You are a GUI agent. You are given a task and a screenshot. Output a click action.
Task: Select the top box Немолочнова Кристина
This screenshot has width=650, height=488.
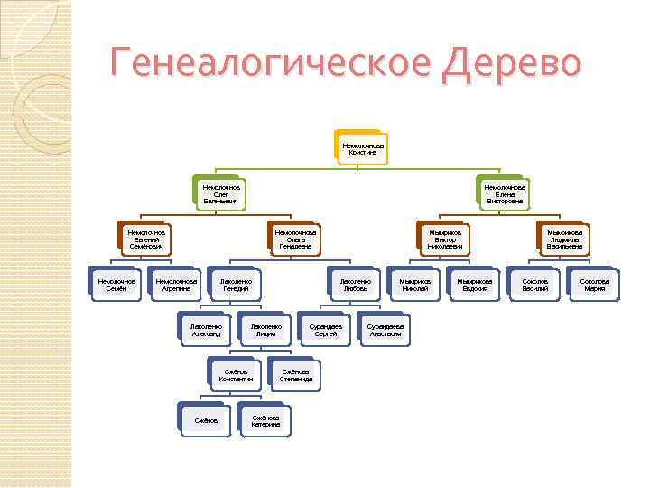coord(363,148)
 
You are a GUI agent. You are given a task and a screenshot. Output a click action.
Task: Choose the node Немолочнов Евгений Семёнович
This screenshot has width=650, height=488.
coord(145,239)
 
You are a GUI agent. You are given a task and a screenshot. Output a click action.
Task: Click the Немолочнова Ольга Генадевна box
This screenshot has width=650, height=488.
coord(293,239)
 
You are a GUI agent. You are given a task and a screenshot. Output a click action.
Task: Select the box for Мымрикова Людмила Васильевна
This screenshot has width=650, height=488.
coord(564,239)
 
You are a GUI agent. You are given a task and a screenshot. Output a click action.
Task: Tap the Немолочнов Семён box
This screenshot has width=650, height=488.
coord(116,285)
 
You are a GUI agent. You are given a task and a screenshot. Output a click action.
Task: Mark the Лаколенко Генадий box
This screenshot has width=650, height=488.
coord(236,285)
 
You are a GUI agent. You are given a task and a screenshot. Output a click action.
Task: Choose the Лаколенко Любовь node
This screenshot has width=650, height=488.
coord(355,285)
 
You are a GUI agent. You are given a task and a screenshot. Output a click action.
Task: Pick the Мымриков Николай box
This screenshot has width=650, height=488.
coord(414,285)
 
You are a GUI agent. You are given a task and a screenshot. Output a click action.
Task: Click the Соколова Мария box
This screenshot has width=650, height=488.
coord(594,285)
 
